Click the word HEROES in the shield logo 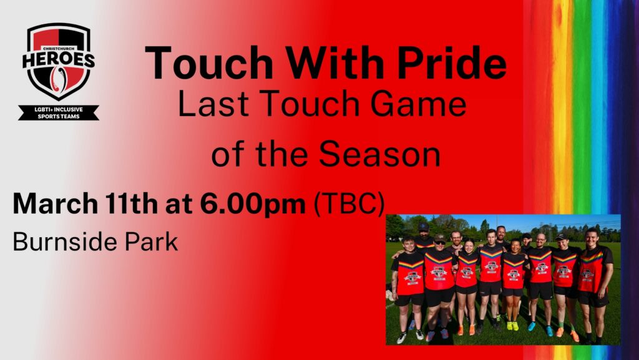pyautogui.click(x=59, y=59)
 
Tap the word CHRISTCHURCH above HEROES pyautogui.click(x=59, y=49)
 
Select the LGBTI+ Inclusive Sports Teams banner pyautogui.click(x=59, y=113)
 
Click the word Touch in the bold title pyautogui.click(x=209, y=63)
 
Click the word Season pyautogui.click(x=380, y=154)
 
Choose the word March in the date pyautogui.click(x=55, y=203)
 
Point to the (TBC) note pyautogui.click(x=349, y=203)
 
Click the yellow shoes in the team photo pyautogui.click(x=512, y=326)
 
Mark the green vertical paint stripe pyautogui.click(x=581, y=106)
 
